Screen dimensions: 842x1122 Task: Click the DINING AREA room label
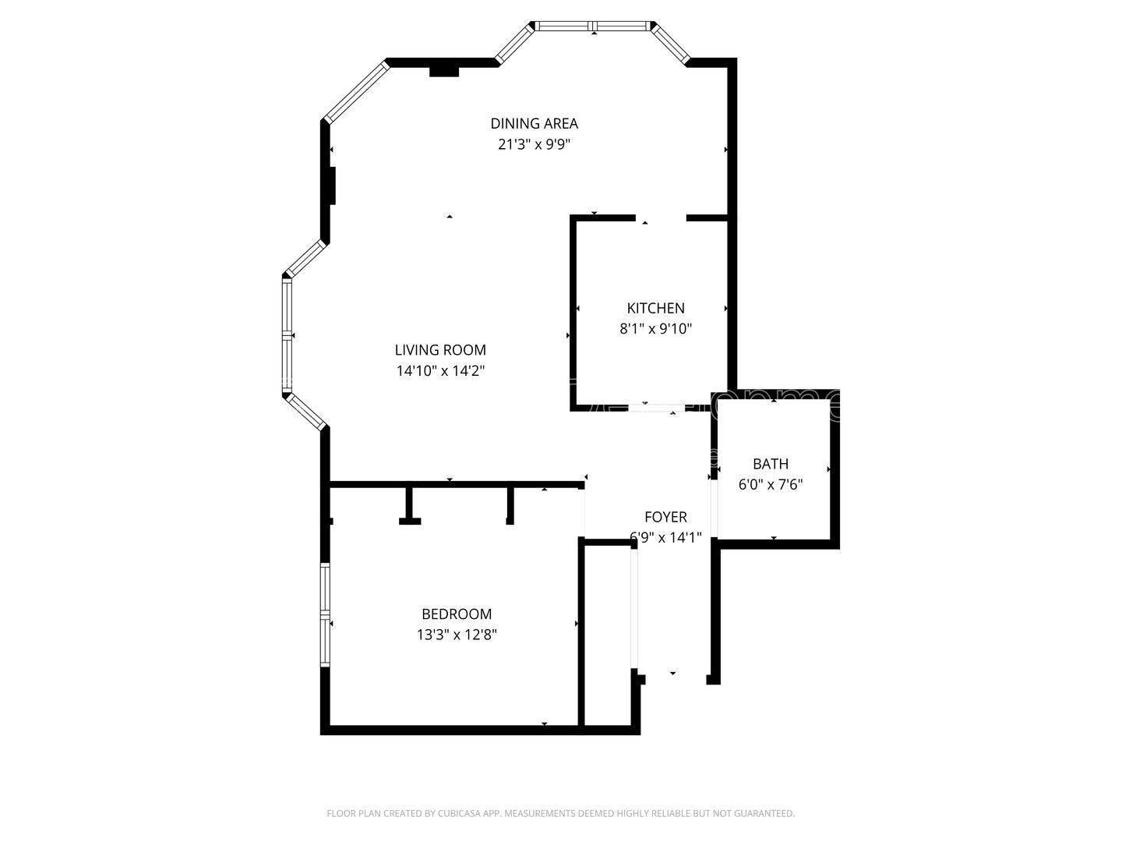click(534, 123)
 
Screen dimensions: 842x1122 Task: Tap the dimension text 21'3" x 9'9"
click(534, 144)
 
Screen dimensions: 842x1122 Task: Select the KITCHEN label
click(655, 308)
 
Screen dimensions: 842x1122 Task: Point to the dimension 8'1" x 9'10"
click(655, 329)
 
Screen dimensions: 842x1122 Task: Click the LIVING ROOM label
click(440, 350)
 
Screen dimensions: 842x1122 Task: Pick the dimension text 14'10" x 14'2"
click(440, 371)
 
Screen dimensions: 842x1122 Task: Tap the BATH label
click(770, 464)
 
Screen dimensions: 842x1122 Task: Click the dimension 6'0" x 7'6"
click(770, 485)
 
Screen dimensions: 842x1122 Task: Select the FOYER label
click(665, 517)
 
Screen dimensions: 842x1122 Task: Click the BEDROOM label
click(457, 614)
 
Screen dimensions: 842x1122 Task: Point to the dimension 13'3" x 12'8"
click(457, 635)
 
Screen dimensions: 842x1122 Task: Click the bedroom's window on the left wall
click(326, 614)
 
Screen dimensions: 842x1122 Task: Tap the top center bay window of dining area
click(594, 26)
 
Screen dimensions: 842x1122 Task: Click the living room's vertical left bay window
click(287, 335)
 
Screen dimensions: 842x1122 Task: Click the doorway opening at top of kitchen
click(661, 218)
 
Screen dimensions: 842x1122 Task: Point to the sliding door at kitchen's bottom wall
click(657, 407)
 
